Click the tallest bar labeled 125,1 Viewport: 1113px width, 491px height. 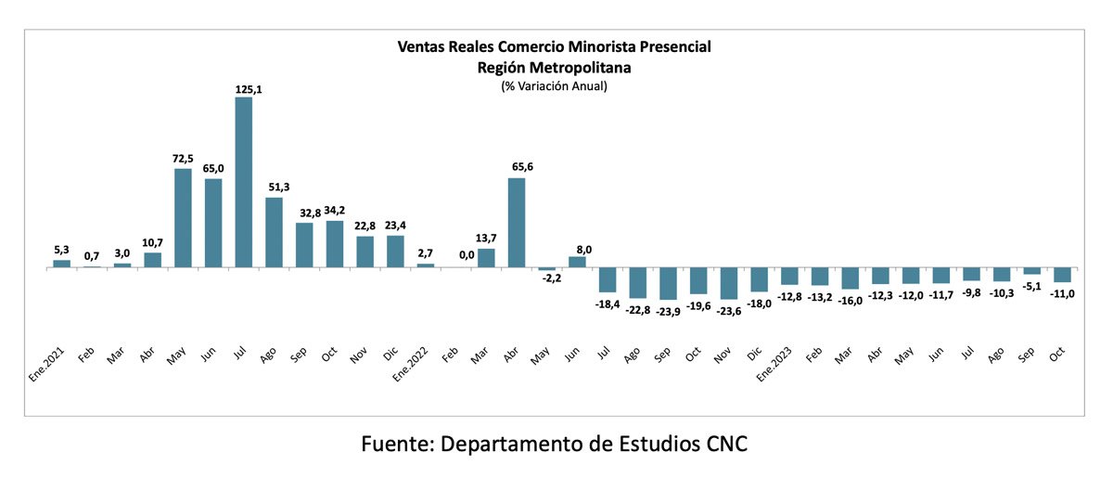coord(243,182)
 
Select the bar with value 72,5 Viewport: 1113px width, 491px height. coord(183,218)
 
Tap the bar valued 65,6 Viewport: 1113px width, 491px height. coord(517,223)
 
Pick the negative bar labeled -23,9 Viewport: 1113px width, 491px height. coord(669,283)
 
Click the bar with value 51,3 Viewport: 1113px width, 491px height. coord(274,232)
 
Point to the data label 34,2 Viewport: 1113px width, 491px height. coord(335,212)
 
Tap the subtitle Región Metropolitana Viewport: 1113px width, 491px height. coord(554,67)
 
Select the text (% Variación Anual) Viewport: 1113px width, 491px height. coord(554,86)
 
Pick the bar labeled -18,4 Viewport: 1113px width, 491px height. coord(608,279)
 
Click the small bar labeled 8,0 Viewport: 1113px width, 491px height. coord(577,262)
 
